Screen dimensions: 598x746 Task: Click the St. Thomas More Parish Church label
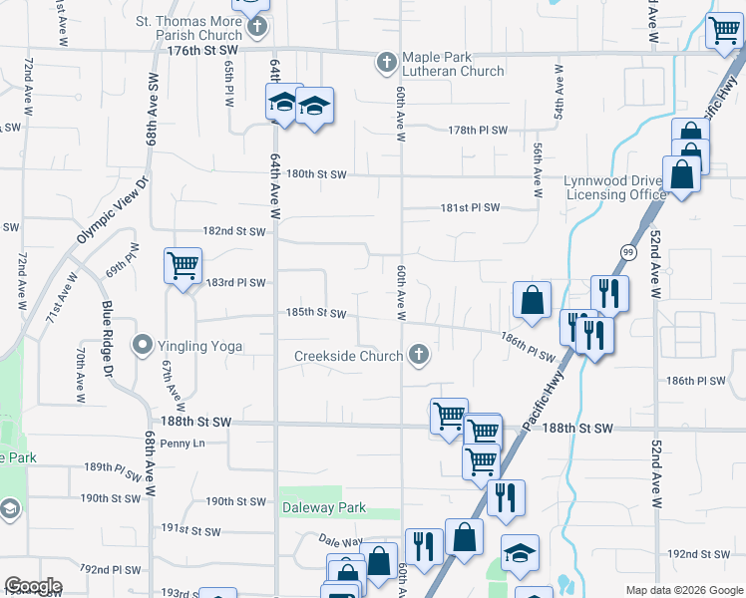click(189, 27)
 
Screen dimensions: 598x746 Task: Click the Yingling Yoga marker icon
click(143, 346)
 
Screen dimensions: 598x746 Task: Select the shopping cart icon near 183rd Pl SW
click(183, 266)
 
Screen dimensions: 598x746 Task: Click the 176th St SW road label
click(204, 49)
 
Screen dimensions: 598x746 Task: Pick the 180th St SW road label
click(316, 174)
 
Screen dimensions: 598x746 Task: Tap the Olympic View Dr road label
click(113, 211)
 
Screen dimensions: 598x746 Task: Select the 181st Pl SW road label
click(470, 208)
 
